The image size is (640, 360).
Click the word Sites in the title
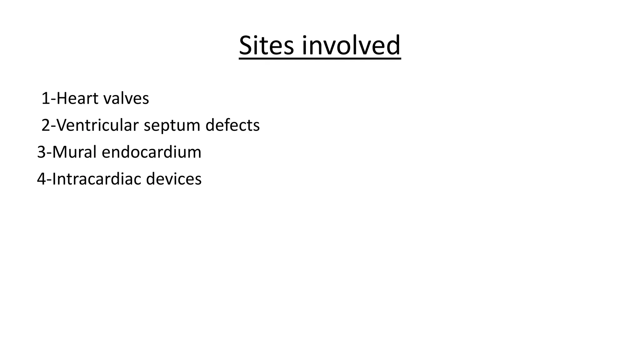pyautogui.click(x=267, y=46)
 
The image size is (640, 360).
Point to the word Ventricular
pyautogui.click(x=98, y=125)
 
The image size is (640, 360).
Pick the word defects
pyautogui.click(x=232, y=125)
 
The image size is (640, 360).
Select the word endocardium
pyautogui.click(x=152, y=152)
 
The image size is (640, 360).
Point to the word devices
pyautogui.click(x=174, y=179)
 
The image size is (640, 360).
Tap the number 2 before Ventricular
pyautogui.click(x=46, y=126)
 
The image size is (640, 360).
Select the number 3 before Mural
pyautogui.click(x=41, y=152)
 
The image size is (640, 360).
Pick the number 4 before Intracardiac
pyautogui.click(x=41, y=179)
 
